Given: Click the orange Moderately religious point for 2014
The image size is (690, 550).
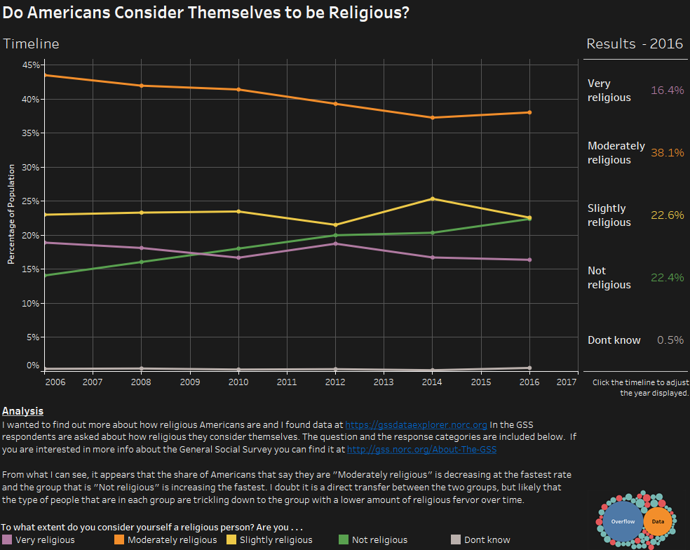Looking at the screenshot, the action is pos(433,118).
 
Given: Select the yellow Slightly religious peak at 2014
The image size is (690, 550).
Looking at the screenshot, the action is pos(433,199).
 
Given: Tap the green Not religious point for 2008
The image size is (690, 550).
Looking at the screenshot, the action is pos(141,262).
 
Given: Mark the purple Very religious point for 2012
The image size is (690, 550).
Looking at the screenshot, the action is pos(335,243).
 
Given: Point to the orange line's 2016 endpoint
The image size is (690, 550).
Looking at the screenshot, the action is pos(529,112).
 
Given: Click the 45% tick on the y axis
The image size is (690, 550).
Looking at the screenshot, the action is pos(31,65).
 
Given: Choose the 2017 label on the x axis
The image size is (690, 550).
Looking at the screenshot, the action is pos(567,382).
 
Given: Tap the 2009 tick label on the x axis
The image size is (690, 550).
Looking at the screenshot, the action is pos(190,382).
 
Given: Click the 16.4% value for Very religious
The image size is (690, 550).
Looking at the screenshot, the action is pos(667,90).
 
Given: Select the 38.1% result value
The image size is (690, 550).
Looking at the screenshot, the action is pos(667,153).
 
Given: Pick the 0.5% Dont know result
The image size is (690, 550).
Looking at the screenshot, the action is pos(670,340).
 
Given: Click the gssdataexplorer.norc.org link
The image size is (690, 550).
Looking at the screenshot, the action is pos(416,425).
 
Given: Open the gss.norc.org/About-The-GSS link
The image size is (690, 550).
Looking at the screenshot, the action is pos(421,450).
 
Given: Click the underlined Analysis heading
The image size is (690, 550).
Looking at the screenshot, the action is pos(23,411).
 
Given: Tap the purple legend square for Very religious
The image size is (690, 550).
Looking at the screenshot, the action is pos(7,539).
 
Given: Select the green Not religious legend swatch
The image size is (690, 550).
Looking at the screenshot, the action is pos(344,539).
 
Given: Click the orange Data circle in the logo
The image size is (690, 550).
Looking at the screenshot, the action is pos(658,521).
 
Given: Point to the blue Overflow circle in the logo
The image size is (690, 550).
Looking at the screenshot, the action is pos(623,521).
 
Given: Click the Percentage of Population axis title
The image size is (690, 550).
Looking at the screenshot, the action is pos(11,215).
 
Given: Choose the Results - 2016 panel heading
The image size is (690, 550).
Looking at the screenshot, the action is pos(635,43).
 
